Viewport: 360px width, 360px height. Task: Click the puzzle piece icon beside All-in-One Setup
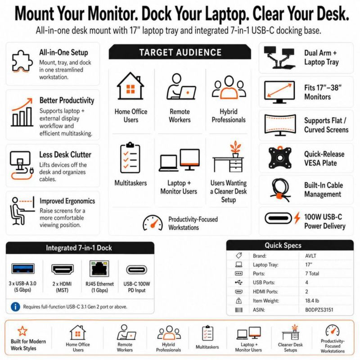21,61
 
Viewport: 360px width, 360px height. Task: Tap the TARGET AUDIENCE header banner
180,52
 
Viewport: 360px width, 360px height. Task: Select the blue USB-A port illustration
23,269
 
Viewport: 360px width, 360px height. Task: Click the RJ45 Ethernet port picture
99,269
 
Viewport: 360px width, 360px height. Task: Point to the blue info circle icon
15,307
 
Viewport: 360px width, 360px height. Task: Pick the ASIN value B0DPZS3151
319,310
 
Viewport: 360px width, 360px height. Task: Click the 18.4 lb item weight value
312,301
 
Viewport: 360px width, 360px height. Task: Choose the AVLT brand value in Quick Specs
310,256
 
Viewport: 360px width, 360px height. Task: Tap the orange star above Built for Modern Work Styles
22,331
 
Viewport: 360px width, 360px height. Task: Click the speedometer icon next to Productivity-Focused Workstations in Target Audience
153,223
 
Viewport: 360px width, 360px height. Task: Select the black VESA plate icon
280,158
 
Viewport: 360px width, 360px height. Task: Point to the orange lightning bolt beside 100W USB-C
297,218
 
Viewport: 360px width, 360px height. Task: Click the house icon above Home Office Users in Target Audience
130,86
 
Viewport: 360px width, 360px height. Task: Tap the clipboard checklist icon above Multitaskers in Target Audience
130,157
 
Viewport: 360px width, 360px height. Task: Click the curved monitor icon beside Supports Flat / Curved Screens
280,125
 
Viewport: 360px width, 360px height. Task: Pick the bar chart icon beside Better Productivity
22,112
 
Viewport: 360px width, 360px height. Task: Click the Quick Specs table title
283,245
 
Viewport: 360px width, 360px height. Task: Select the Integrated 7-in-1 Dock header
79,248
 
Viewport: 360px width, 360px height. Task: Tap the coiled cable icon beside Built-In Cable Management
279,190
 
